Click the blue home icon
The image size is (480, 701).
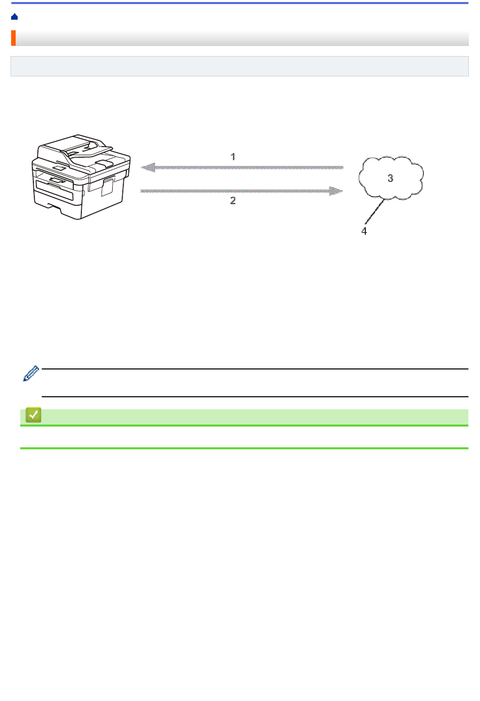click(14, 17)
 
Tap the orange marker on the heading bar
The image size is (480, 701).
click(13, 38)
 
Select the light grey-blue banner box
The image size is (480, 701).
click(239, 66)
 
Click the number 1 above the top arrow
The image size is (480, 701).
click(233, 157)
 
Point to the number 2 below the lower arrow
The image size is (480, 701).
click(233, 201)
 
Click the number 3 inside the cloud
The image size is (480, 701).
click(390, 178)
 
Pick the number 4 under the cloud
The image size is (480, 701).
click(364, 231)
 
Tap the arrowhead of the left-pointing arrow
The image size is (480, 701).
click(148, 167)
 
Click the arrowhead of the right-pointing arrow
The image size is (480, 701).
click(337, 191)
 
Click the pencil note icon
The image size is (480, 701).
click(31, 373)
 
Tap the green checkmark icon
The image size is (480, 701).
click(33, 415)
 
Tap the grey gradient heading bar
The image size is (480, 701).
click(243, 38)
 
